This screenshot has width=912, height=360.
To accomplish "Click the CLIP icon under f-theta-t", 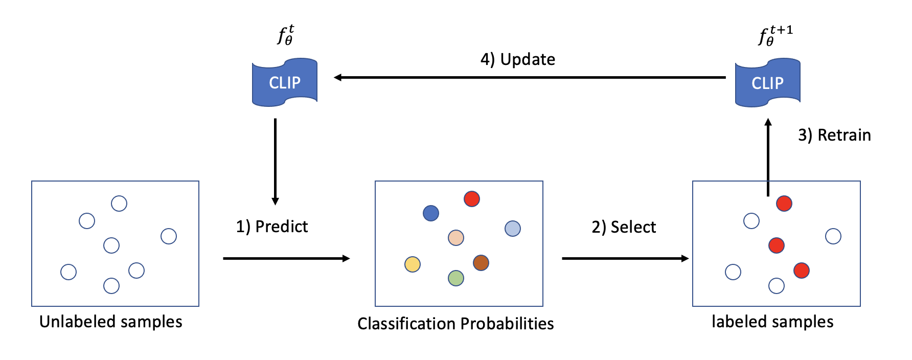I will coord(285,82).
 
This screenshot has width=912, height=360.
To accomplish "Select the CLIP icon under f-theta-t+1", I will coord(767,83).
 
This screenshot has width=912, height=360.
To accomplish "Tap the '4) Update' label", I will coord(517,59).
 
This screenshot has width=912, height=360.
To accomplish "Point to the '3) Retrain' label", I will coord(834,135).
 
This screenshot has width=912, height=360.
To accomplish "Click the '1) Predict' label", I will coord(271,226).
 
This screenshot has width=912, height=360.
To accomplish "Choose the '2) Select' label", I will coord(624,227).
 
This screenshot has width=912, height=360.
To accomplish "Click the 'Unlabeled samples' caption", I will coord(110,322).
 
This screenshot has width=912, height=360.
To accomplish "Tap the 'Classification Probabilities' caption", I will coord(455,324).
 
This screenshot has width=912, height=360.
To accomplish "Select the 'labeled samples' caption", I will coord(772,322).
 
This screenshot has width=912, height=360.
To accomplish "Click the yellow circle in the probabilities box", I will coord(413,264).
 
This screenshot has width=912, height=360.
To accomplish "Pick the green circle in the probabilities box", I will coord(455,278).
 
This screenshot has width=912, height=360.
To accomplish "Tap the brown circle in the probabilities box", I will coord(481,263).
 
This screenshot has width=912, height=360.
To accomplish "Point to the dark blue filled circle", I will coord(431,213).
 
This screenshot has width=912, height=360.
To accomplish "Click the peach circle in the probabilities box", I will coord(455,238).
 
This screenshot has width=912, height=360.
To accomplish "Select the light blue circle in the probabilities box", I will coord(513,229).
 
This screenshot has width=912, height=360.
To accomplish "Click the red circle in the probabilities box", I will coord(472,199).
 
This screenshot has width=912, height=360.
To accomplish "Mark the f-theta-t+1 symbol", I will coord(774,36).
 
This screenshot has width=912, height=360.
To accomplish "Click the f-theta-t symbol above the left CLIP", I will coord(285,35).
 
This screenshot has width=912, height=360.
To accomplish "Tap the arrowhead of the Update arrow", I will coord(338,78).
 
